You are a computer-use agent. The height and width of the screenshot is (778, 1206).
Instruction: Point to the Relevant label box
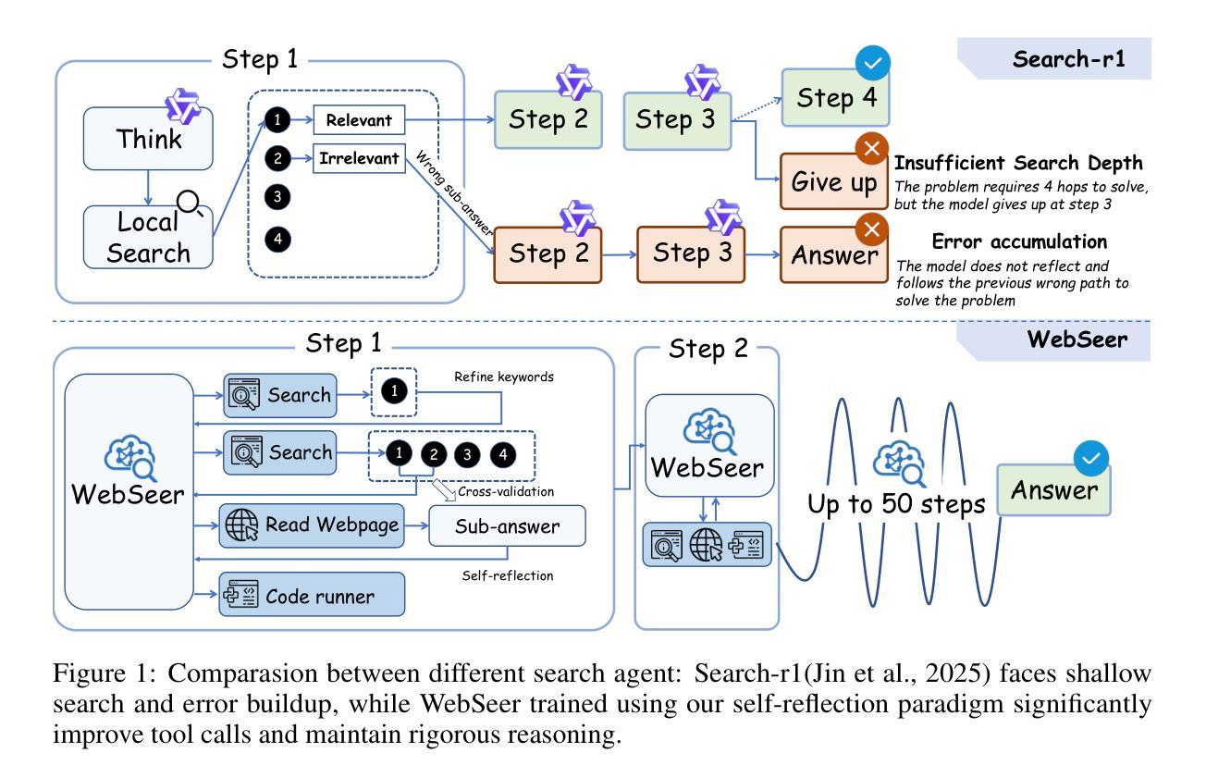pos(360,119)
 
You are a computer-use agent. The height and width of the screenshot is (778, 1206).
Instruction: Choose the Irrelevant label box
pos(358,159)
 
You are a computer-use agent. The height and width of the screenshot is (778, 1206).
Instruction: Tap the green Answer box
pos(1053,489)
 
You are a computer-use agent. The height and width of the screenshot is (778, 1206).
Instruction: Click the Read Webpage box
pos(313,525)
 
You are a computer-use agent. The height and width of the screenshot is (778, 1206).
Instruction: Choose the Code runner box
pos(313,596)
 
